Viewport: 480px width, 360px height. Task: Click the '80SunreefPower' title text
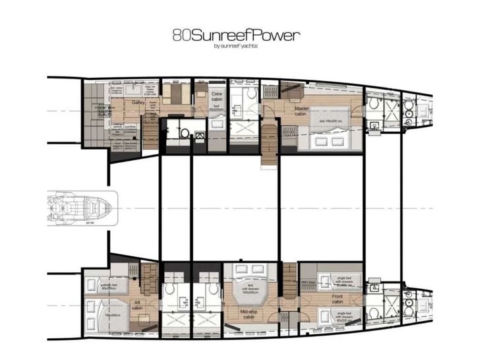pos(235,35)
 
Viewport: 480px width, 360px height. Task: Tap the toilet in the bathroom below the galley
pos(183,133)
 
